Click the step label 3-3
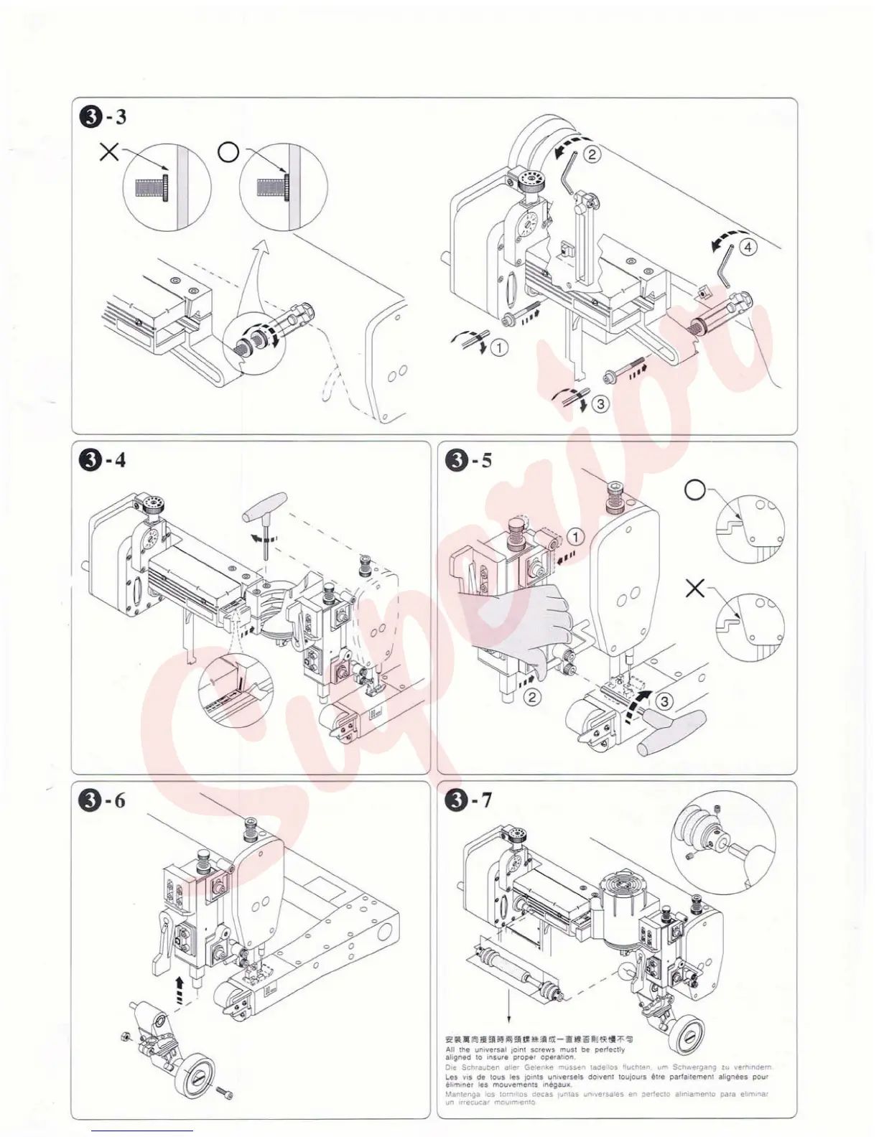click(x=103, y=116)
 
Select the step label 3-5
click(x=468, y=459)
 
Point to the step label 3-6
click(x=103, y=800)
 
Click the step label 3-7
click(x=468, y=800)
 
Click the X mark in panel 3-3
click(x=109, y=152)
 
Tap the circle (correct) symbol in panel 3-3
click(x=228, y=152)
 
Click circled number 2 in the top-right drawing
click(x=591, y=154)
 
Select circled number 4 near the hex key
click(x=748, y=247)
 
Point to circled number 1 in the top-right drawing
click(x=498, y=348)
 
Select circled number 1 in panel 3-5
click(x=575, y=536)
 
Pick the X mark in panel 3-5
click(x=694, y=589)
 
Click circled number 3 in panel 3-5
click(x=665, y=701)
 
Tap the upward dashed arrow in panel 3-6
click(x=180, y=990)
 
